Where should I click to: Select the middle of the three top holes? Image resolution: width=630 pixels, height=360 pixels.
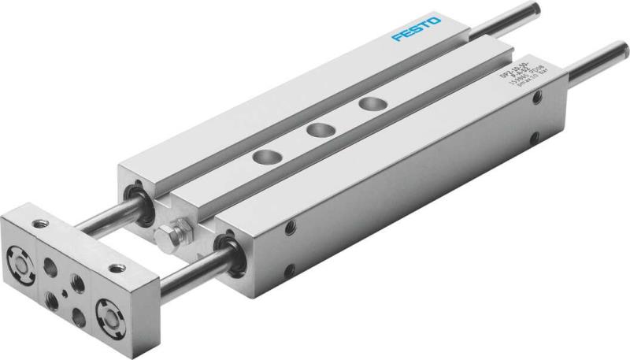point(317,131)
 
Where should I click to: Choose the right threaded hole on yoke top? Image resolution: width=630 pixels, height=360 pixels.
point(117,268)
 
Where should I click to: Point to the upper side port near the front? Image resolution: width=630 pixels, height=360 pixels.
point(292,228)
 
